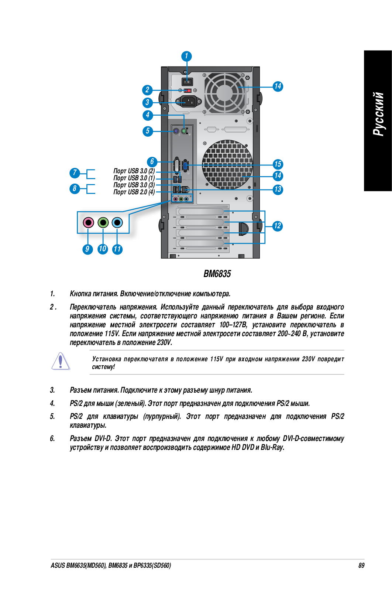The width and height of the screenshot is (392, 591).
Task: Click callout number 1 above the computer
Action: coord(186,56)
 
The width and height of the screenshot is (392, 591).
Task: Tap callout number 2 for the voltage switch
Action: coord(147,90)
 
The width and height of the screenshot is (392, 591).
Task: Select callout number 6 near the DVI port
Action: coord(152,161)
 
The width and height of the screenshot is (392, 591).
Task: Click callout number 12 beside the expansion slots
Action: coord(277,226)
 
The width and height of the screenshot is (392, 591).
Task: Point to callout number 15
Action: coord(278,164)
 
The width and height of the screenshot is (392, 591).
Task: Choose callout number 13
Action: coord(278,189)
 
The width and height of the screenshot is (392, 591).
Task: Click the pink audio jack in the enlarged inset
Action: coord(88,222)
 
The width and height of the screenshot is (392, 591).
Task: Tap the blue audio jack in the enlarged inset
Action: coord(117,222)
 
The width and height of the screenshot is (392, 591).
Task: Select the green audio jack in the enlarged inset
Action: coord(103,222)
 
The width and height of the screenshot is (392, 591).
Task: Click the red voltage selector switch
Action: coord(188,90)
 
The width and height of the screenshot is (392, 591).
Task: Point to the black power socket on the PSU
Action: coord(189,101)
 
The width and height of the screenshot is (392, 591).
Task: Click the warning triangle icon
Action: coord(61,361)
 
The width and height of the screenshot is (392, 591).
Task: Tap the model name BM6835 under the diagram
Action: coord(217,274)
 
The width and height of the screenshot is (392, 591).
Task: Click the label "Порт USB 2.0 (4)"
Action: coord(134,192)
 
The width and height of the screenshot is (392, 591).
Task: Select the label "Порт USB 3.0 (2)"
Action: coord(134,171)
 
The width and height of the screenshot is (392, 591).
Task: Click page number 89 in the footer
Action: coord(361,565)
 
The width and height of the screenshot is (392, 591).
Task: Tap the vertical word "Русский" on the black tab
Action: coord(378,114)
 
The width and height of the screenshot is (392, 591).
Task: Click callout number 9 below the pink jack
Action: coord(87,249)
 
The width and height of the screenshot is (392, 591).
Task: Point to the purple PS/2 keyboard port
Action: coord(176,131)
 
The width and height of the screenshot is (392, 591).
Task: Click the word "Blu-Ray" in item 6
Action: coord(272,447)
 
